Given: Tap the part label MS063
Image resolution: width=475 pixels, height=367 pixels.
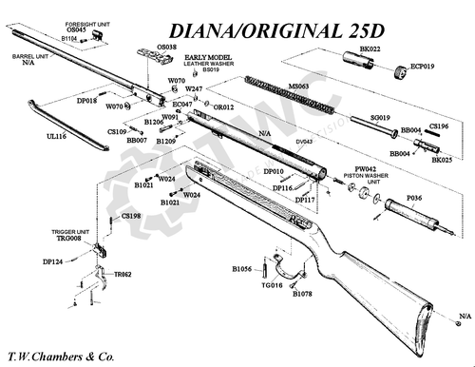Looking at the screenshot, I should pos(299,86).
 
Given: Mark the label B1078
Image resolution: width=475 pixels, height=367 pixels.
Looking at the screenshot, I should pos(303,295).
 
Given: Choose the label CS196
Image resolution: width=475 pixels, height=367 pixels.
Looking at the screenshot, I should pos(439,125).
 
